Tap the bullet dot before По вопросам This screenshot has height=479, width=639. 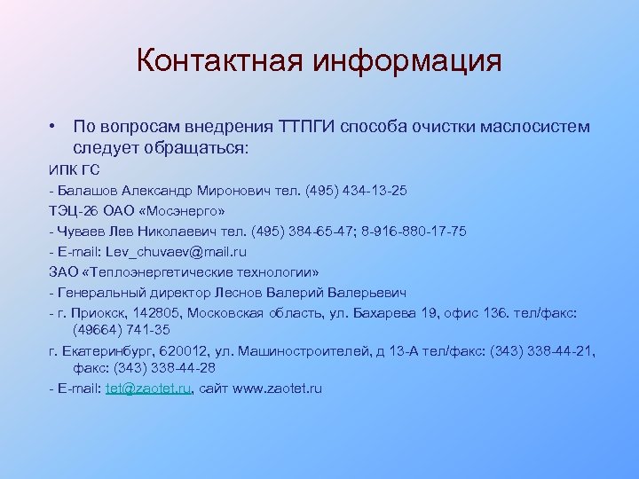click(54, 127)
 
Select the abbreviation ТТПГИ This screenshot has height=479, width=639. click(307, 127)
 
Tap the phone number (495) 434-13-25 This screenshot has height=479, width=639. click(356, 191)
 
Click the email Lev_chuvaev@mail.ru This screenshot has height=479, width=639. click(168, 250)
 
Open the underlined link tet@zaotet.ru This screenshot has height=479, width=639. click(148, 388)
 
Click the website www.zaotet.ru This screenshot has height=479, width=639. click(276, 388)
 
